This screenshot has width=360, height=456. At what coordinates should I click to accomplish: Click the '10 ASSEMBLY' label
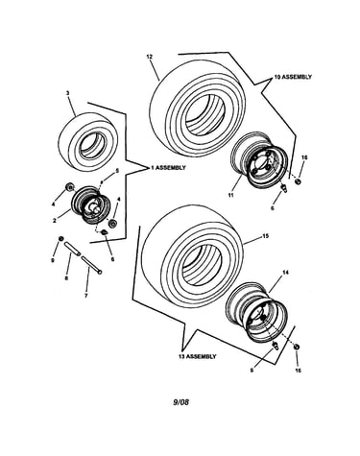tap(293, 77)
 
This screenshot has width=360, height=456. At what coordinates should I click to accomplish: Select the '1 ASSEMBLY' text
tap(168, 168)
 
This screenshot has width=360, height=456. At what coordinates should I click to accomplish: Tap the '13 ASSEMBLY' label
tap(198, 356)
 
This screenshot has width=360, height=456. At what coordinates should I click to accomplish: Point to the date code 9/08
tap(180, 402)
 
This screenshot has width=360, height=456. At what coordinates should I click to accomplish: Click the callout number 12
tap(150, 57)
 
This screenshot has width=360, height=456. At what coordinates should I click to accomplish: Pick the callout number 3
tap(67, 93)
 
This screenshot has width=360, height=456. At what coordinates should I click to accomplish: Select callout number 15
tap(265, 236)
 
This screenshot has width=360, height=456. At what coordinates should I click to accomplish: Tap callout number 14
tap(285, 273)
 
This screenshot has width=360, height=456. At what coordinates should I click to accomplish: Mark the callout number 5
tap(117, 171)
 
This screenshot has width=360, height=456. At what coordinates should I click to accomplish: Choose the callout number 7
tap(85, 296)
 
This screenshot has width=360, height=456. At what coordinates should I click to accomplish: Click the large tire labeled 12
tap(198, 108)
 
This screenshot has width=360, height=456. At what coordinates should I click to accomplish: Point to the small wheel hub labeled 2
tap(92, 204)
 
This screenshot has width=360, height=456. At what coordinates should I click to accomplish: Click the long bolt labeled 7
tap(92, 265)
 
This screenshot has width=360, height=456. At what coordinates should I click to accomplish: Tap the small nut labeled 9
tap(60, 239)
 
